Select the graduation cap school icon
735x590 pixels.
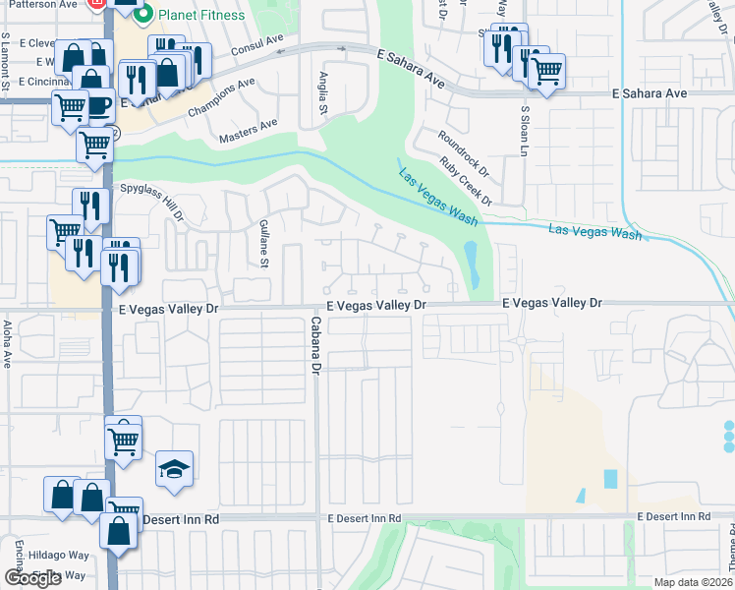tap(174, 469)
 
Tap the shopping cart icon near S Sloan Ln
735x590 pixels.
tap(546, 70)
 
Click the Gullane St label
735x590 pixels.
tap(263, 244)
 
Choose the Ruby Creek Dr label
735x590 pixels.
tap(465, 181)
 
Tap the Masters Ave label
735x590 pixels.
tap(249, 130)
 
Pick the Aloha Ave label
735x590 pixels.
tap(7, 343)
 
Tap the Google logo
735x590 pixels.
tap(33, 577)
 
